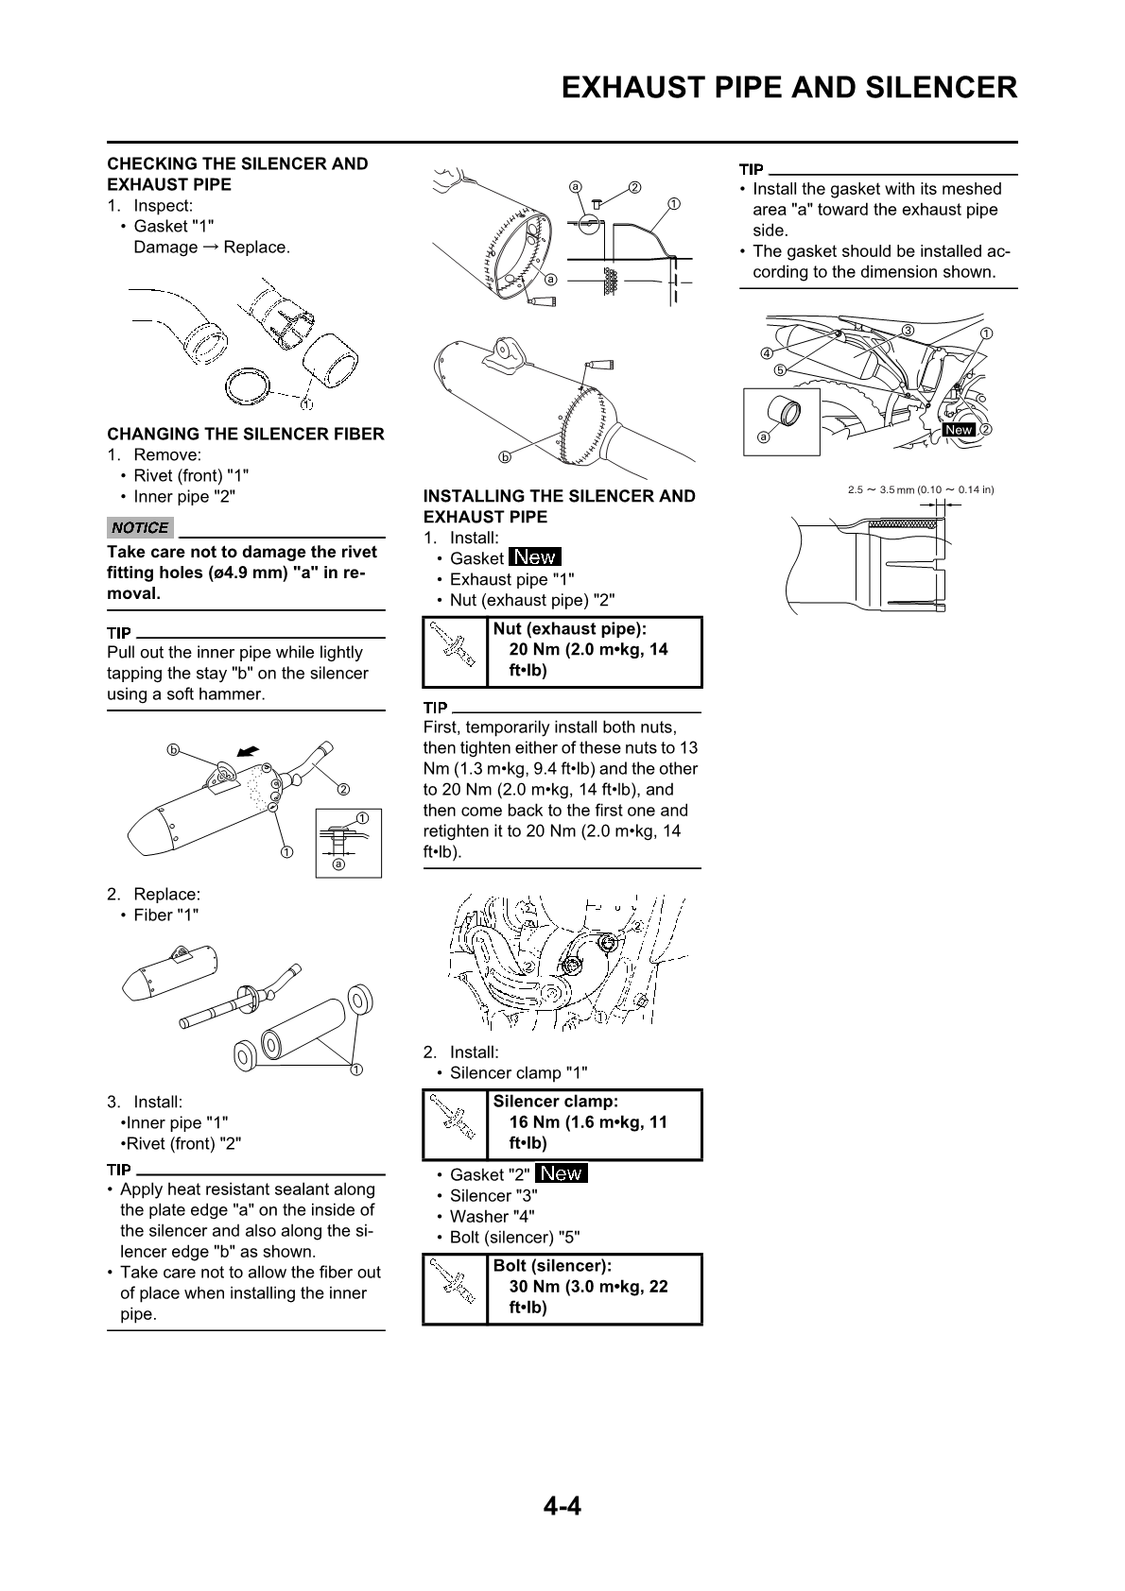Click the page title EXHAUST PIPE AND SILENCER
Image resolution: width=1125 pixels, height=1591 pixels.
pos(788,88)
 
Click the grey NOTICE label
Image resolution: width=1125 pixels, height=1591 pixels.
pos(140,528)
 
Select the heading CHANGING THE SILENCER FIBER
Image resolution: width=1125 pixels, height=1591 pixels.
pos(246,435)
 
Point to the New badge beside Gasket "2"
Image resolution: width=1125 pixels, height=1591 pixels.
pos(561,1174)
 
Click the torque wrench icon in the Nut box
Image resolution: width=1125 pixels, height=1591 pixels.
pos(454,651)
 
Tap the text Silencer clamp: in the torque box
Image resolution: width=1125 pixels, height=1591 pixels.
pos(556,1102)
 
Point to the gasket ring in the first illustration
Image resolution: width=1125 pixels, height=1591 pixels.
pos(251,385)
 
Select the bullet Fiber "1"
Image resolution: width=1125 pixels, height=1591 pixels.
pos(166,915)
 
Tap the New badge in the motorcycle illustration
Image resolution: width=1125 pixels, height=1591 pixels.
pos(958,429)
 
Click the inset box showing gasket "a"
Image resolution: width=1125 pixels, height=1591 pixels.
pos(780,420)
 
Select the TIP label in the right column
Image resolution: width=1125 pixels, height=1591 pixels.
pos(751,170)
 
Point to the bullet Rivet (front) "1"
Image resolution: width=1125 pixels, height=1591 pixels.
pos(191,476)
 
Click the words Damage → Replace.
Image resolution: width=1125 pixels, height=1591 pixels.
pos(212,248)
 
